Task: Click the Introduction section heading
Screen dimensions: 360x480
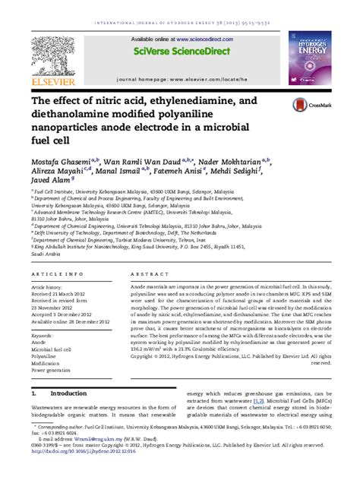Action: tap(68, 394)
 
